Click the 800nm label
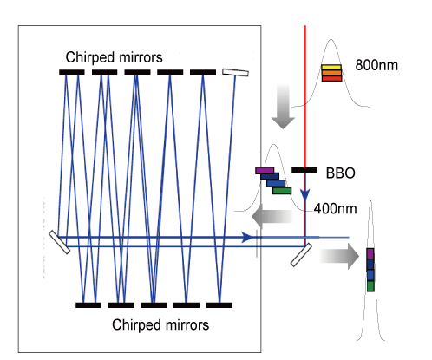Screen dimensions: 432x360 pos(376,65)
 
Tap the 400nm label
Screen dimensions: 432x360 pos(335,208)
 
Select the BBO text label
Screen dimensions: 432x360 pos(341,173)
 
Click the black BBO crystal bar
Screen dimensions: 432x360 pos(304,171)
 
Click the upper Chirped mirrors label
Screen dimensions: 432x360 pos(114,57)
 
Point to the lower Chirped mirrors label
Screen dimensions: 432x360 pos(160,324)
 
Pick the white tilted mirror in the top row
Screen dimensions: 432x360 pos(235,72)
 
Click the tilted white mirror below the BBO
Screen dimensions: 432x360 pos(301,255)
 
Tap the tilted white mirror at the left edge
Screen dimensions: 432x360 pos(59,242)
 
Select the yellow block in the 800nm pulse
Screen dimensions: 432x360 pos(331,68)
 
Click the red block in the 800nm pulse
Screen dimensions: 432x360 pos(331,78)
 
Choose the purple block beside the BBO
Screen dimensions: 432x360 pos(265,171)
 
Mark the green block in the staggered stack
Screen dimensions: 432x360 pos(282,191)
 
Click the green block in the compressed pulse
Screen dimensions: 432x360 pos(370,286)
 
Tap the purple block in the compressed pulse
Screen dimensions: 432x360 pos(370,253)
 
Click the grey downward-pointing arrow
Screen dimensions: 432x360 pos(283,107)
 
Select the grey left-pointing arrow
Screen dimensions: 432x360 pos(272,216)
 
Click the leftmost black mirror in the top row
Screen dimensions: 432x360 pos(72,72)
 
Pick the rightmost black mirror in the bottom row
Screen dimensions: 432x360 pos(219,305)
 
